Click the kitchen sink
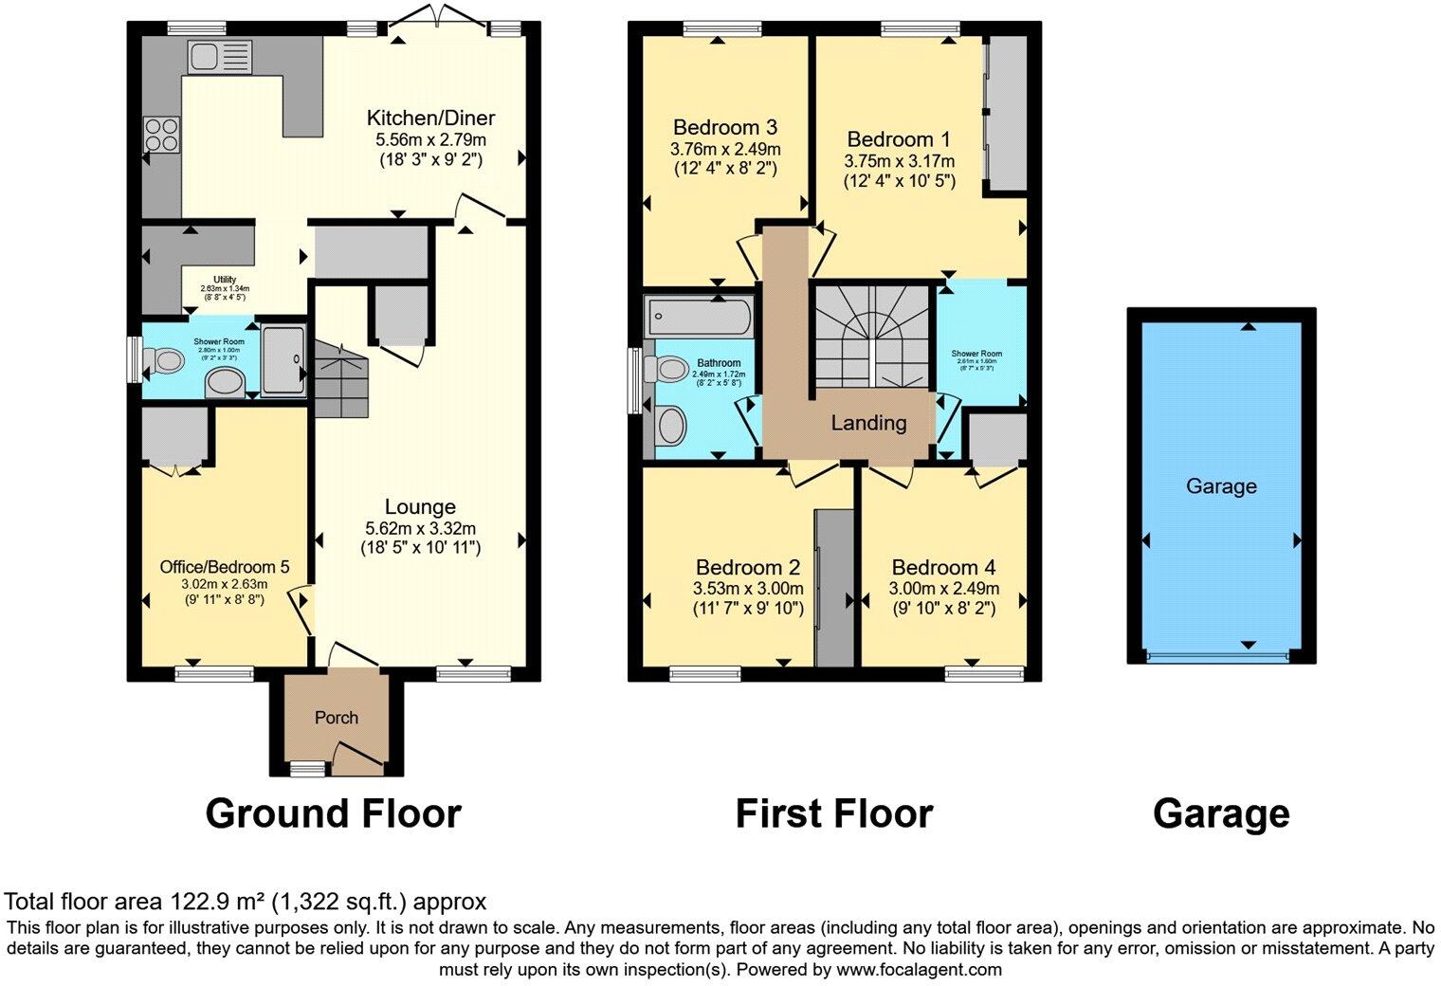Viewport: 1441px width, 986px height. [x=218, y=57]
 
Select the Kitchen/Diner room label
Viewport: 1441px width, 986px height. [x=430, y=119]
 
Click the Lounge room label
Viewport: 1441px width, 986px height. [x=420, y=506]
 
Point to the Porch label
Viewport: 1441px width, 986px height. [x=337, y=718]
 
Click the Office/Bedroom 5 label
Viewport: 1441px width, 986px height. [x=225, y=566]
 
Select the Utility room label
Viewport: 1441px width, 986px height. [x=224, y=279]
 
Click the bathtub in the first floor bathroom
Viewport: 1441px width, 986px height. [x=699, y=316]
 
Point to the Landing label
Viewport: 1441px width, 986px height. [x=868, y=423]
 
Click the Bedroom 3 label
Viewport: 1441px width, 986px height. [x=725, y=127]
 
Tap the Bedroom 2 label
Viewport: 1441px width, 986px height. [x=748, y=567]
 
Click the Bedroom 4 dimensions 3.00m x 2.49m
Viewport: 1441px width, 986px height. [x=943, y=589]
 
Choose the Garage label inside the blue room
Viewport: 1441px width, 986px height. [x=1221, y=486]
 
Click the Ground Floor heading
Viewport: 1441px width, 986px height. [x=333, y=813]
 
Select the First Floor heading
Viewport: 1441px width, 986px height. [x=833, y=813]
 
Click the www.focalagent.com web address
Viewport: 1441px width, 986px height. [x=919, y=970]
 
